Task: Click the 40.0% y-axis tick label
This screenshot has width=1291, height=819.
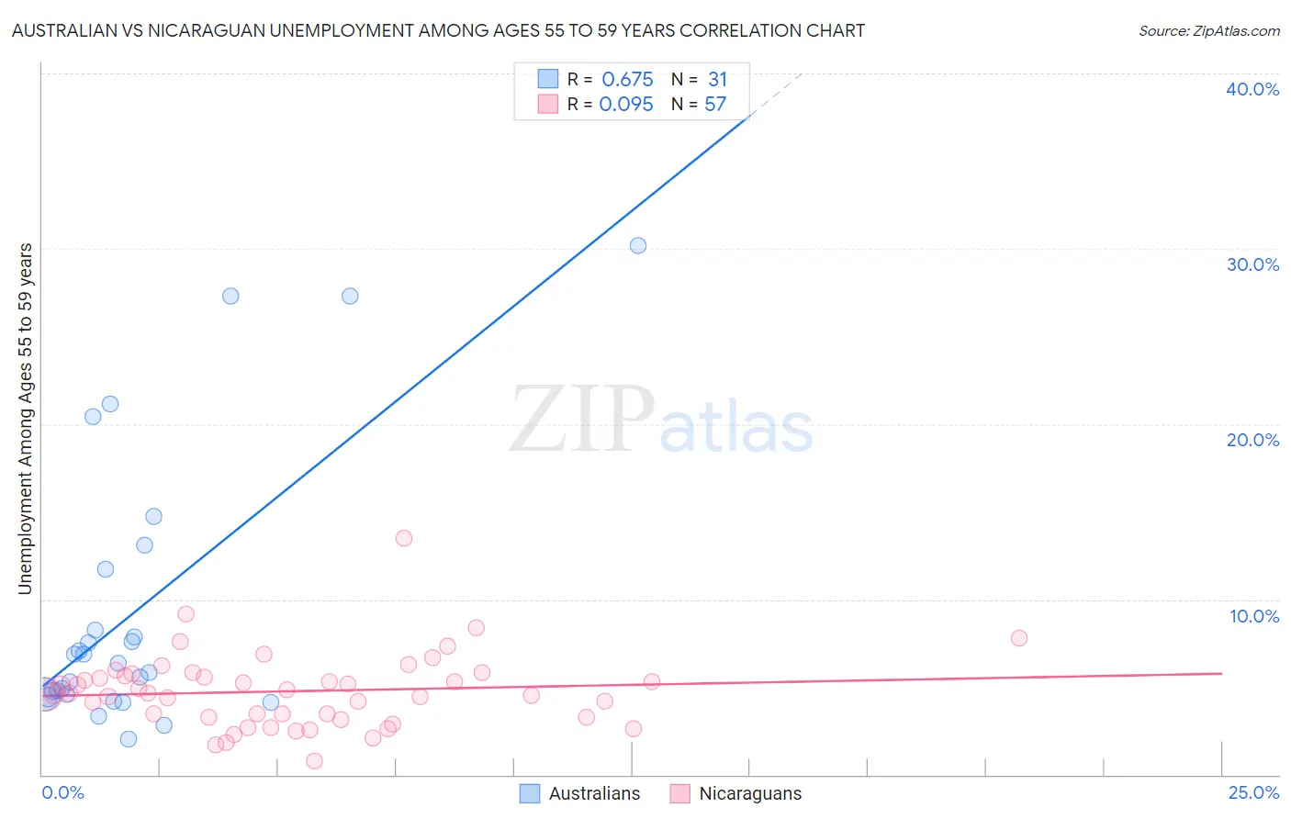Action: [x=1252, y=89]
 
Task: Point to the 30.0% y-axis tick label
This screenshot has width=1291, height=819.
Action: [x=1252, y=264]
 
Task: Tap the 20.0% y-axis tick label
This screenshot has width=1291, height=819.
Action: [x=1252, y=440]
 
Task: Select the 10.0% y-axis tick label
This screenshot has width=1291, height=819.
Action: [x=1253, y=616]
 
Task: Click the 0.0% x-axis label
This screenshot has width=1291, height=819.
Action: [x=62, y=792]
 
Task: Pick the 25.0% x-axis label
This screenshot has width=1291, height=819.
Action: [x=1253, y=792]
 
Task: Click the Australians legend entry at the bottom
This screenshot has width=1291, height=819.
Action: [x=580, y=793]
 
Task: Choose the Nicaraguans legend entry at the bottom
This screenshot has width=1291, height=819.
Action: [x=736, y=793]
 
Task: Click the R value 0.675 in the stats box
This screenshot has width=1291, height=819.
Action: [x=627, y=80]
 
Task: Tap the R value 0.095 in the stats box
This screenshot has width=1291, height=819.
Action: [x=626, y=105]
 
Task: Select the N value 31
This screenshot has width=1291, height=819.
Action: [x=717, y=80]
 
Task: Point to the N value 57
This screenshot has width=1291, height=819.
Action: [x=715, y=105]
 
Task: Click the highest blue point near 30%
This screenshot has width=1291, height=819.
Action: [x=638, y=245]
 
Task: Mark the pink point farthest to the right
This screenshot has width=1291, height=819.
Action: [x=1018, y=638]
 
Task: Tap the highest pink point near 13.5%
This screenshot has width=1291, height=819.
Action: [x=404, y=538]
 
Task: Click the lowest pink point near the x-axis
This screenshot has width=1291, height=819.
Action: [x=314, y=760]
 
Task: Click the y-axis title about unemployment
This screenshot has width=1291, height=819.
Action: [x=26, y=418]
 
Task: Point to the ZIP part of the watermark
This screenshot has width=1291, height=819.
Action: [x=582, y=421]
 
